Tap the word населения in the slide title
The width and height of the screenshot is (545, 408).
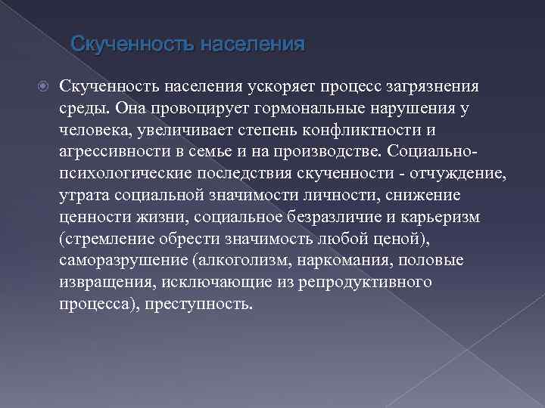click(252, 45)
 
